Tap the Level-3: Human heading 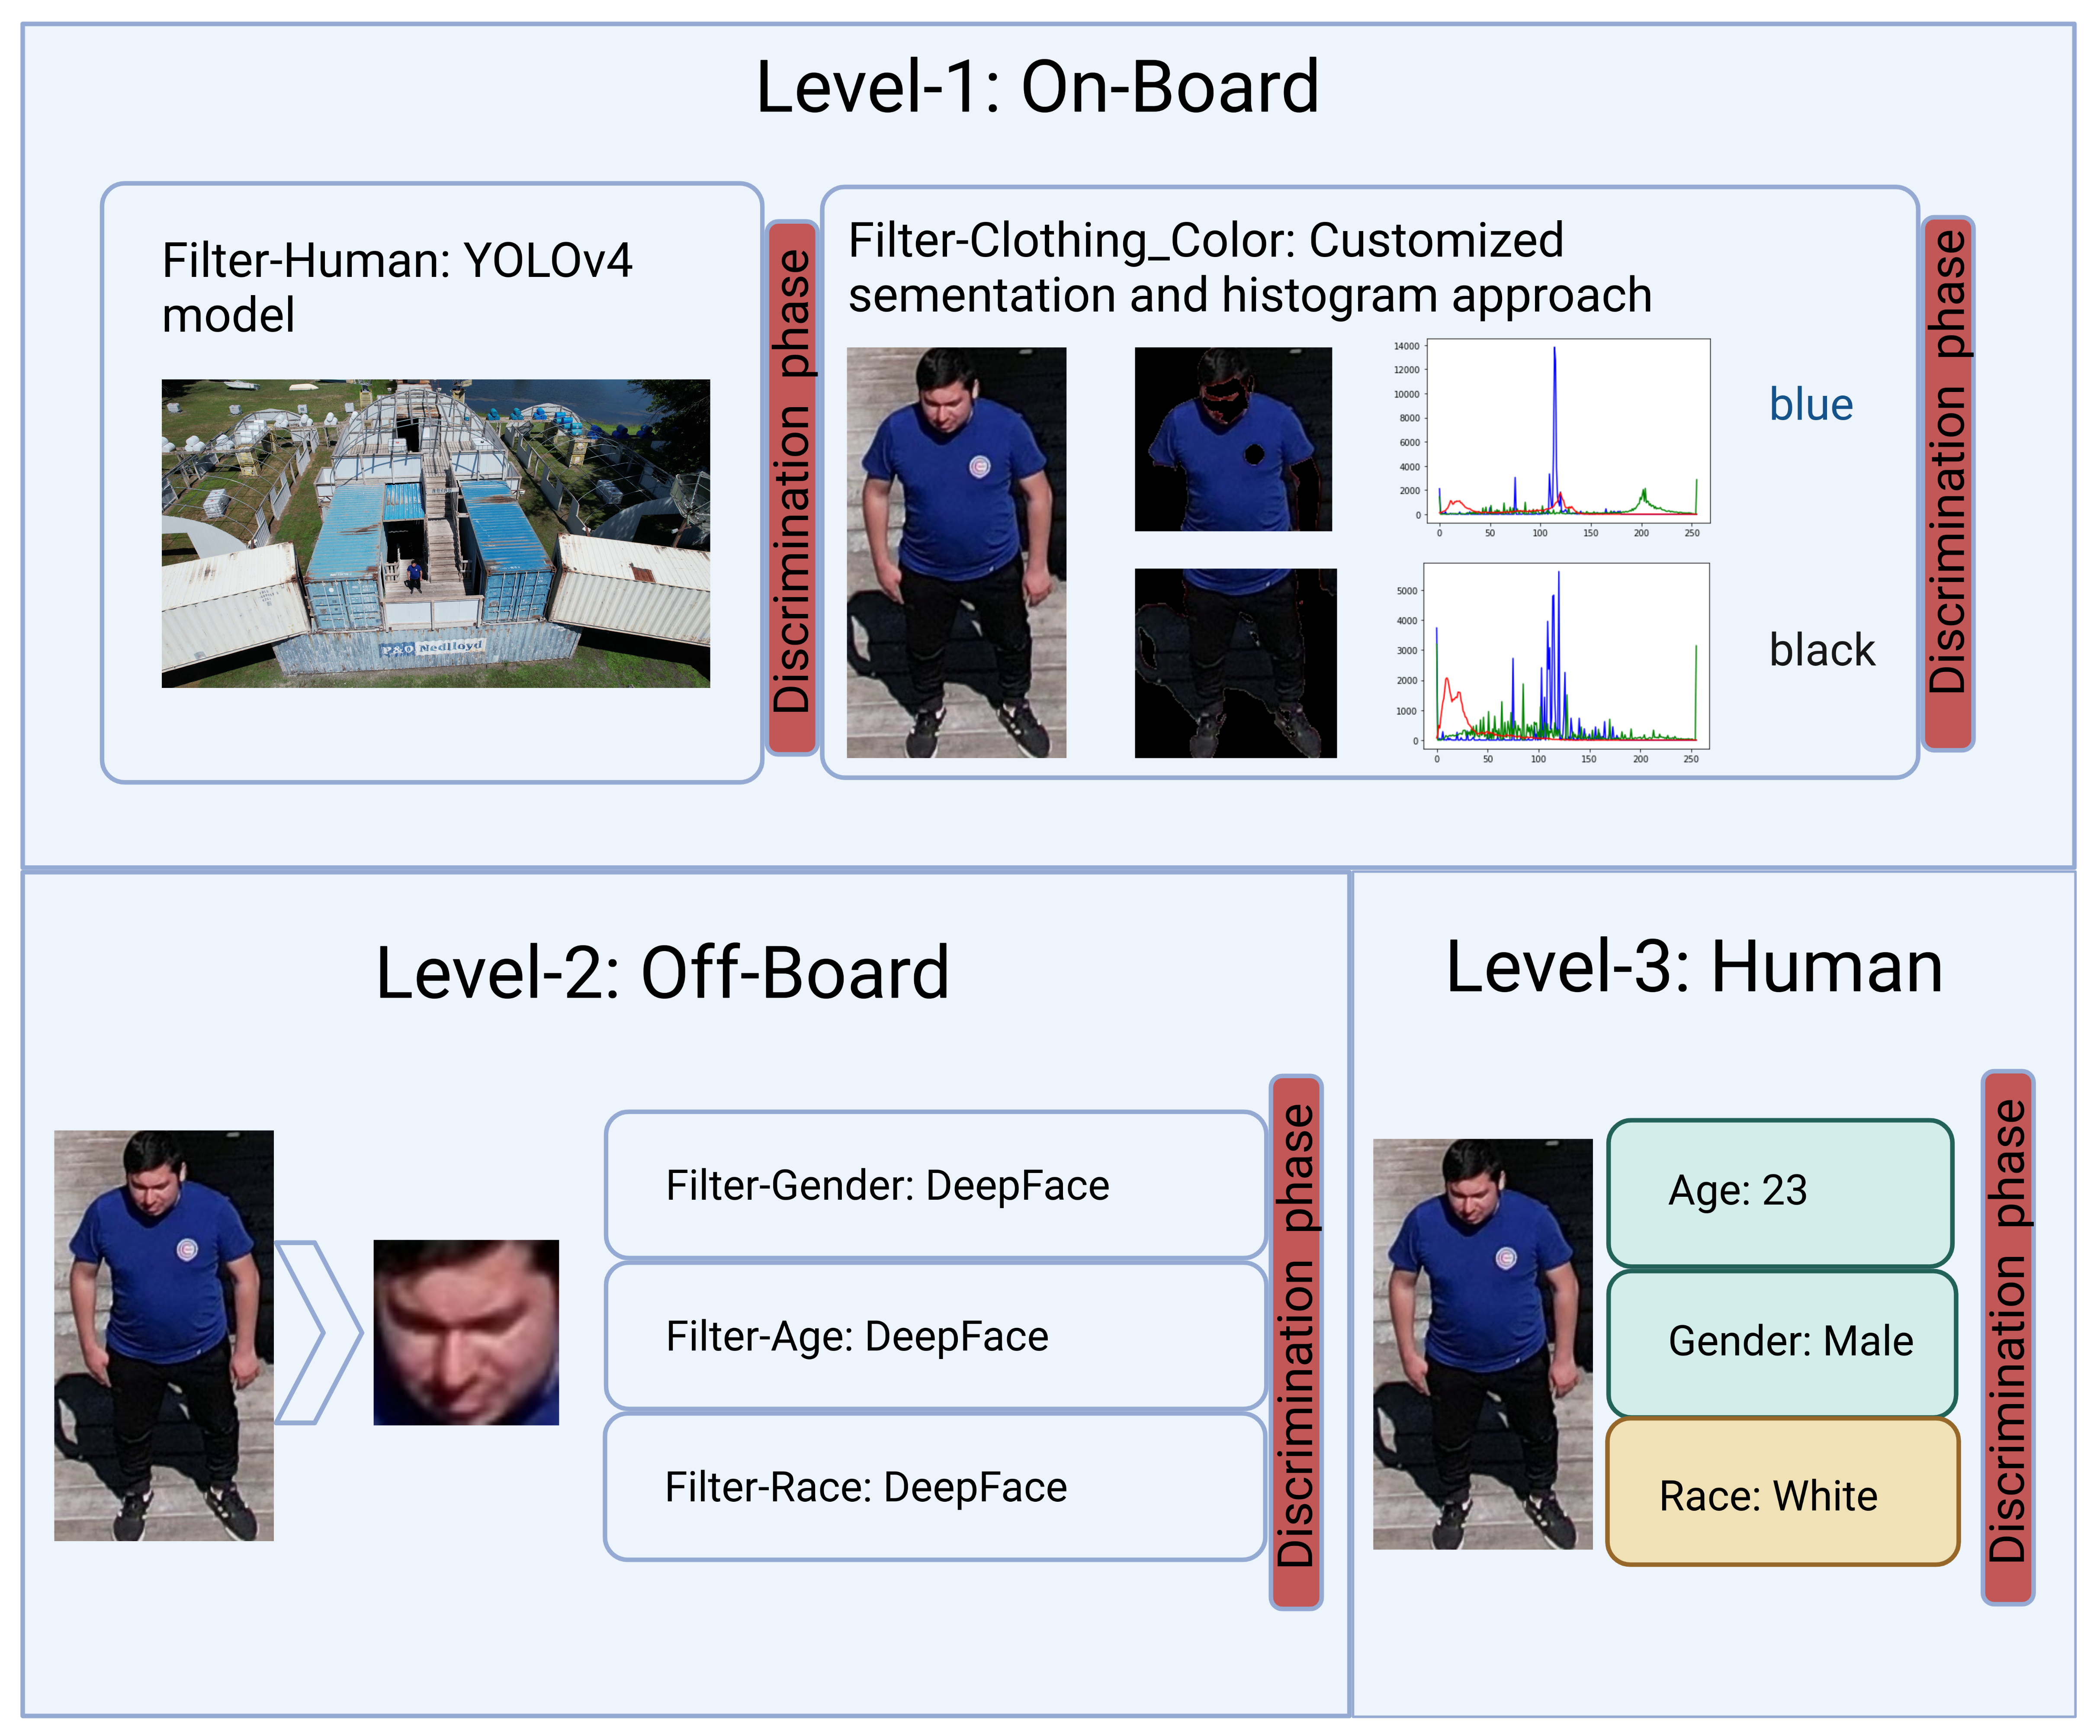[1694, 967]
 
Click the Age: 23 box [1780, 1192]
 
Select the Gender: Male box [1781, 1342]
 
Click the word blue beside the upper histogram [1811, 405]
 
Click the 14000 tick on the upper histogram [1406, 346]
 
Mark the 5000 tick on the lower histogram [1407, 591]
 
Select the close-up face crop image [466, 1332]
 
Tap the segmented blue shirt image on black [1233, 439]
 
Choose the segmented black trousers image [1236, 662]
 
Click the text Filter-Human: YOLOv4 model [397, 288]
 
